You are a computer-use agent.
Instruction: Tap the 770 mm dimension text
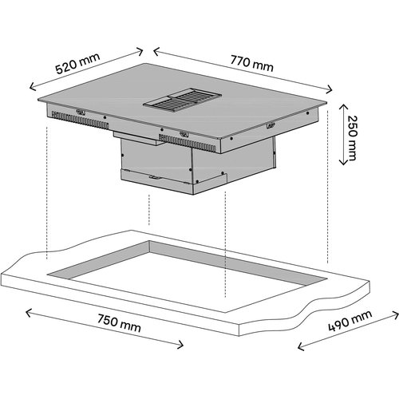247,61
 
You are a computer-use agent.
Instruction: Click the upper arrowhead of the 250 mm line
344,103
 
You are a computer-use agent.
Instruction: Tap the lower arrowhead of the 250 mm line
344,164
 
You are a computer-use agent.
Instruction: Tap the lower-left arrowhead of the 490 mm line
298,348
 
